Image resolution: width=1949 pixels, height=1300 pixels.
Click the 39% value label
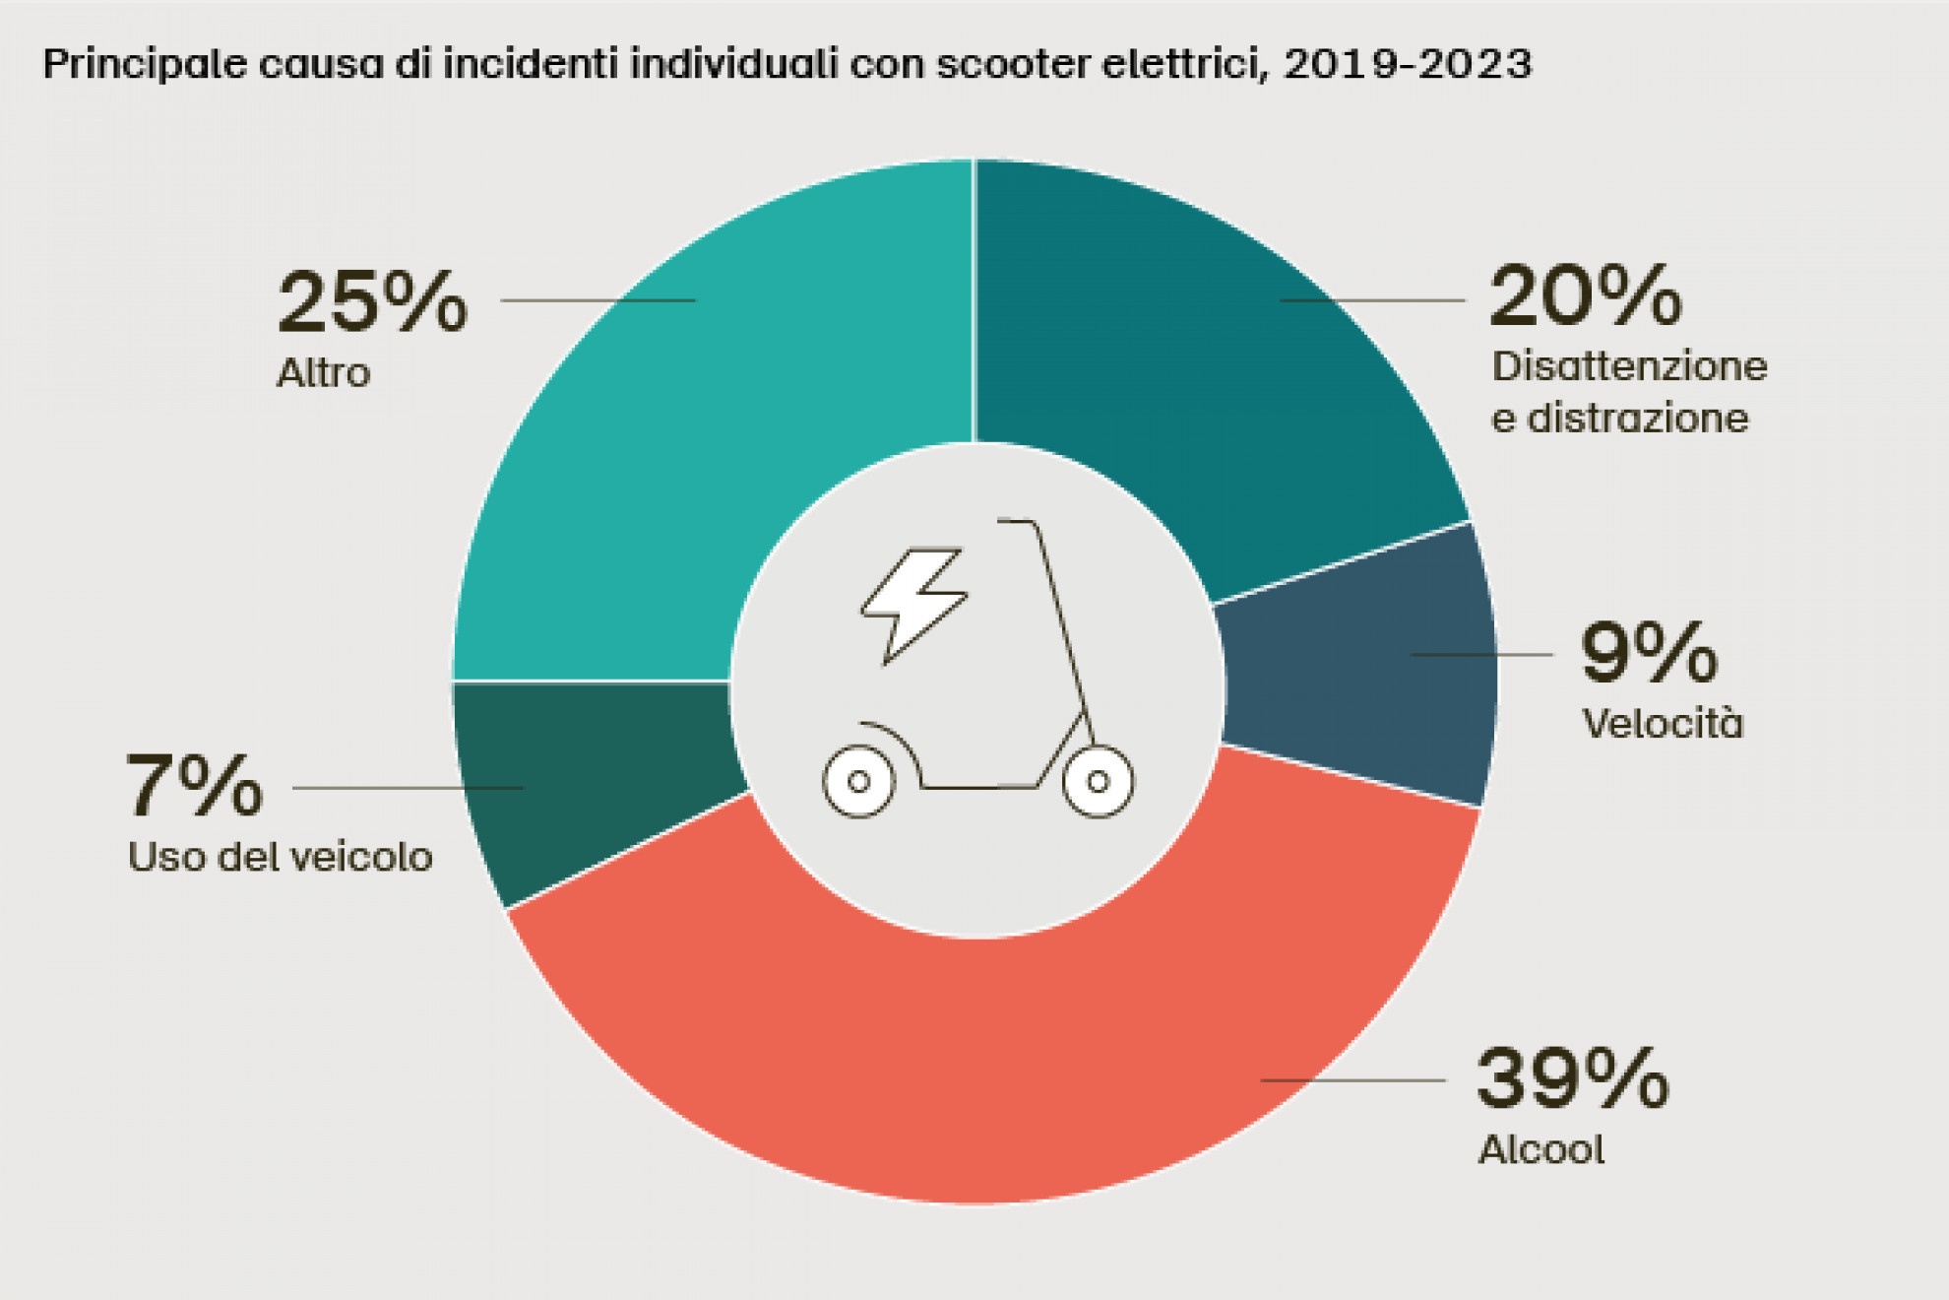[1572, 1079]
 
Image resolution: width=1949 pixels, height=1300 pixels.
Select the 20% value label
[1585, 296]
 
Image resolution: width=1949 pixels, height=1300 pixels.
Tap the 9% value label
[1649, 652]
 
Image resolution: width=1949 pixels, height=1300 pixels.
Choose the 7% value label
[195, 786]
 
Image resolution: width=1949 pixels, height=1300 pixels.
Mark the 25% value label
[372, 301]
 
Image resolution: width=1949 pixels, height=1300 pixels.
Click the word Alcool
[1541, 1149]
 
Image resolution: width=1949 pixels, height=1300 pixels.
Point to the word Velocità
[1663, 724]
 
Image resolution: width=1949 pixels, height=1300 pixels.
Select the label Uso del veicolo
[281, 857]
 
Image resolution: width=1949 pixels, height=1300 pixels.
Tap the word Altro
[324, 373]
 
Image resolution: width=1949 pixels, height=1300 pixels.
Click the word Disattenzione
[1629, 366]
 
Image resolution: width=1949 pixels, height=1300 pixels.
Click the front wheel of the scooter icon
[1098, 782]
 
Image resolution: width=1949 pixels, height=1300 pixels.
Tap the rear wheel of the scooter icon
[858, 782]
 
